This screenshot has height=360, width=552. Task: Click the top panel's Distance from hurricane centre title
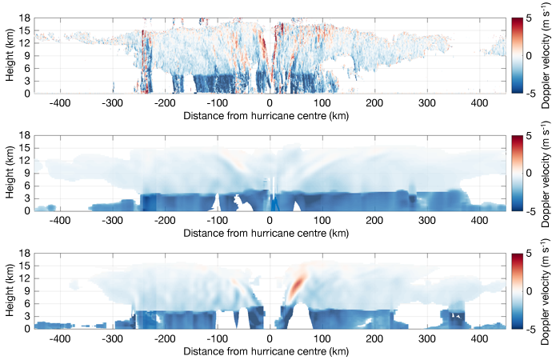[x=270, y=115]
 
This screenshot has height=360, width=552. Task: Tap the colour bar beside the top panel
[x=518, y=54]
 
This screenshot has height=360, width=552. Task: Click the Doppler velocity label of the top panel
[x=545, y=54]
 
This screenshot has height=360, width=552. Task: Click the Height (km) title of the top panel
[x=9, y=54]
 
